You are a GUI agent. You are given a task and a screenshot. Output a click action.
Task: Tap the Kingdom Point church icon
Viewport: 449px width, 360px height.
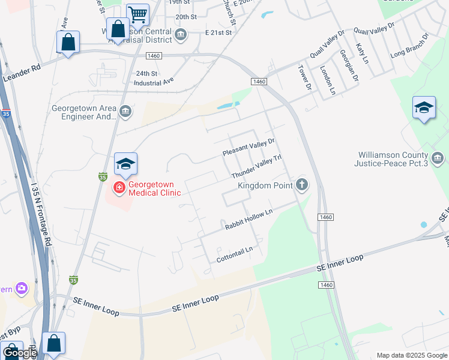[x=302, y=185]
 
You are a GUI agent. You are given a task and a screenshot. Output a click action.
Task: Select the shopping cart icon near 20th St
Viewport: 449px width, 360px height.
[x=137, y=13]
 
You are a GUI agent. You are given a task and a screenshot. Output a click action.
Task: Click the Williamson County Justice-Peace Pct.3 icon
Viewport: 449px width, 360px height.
[x=437, y=158]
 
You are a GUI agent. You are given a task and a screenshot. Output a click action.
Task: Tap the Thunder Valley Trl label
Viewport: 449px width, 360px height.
[x=256, y=166]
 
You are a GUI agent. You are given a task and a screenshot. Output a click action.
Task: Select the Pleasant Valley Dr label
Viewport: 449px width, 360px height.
[x=248, y=146]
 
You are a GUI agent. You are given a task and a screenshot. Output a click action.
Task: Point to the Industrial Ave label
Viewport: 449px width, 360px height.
[x=154, y=80]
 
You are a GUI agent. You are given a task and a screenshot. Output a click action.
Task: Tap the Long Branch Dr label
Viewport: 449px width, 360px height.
[x=410, y=46]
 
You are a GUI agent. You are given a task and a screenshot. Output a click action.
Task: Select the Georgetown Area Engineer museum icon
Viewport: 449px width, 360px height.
[x=125, y=110]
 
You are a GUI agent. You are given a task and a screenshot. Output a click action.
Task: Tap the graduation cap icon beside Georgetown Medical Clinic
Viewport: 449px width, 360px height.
[x=125, y=163]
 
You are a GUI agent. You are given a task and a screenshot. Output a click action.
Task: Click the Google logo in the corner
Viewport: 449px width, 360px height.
[x=19, y=353]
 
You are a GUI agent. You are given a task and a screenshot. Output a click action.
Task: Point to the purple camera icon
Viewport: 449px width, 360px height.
[x=22, y=289]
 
